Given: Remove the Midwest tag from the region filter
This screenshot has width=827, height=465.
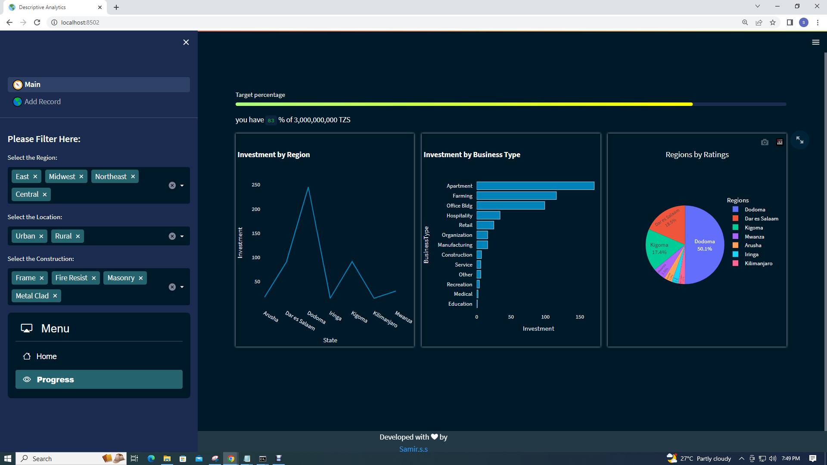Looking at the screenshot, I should pyautogui.click(x=81, y=177).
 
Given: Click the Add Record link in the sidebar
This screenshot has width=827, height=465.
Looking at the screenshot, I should pyautogui.click(x=42, y=102).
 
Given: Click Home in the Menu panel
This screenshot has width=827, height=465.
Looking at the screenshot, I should pyautogui.click(x=46, y=356).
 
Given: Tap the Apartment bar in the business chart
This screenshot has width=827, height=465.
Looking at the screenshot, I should pyautogui.click(x=535, y=186).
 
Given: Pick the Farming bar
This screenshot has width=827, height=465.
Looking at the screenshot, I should pyautogui.click(x=516, y=196).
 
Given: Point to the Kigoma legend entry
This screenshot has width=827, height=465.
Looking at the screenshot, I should pyautogui.click(x=753, y=228).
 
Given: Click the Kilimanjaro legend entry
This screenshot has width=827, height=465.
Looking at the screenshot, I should pyautogui.click(x=758, y=263).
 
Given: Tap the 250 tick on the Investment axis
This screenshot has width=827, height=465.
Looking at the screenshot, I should pyautogui.click(x=256, y=185).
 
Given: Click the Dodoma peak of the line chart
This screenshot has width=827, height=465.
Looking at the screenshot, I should pyautogui.click(x=308, y=187).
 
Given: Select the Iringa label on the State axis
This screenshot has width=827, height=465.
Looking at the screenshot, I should pyautogui.click(x=335, y=316).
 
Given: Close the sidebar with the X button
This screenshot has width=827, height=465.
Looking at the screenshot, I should pyautogui.click(x=186, y=42).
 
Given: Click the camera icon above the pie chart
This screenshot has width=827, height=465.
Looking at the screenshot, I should pyautogui.click(x=765, y=142).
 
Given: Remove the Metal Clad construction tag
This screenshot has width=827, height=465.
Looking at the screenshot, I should pyautogui.click(x=55, y=296).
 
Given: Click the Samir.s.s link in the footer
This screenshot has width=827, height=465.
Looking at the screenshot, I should pyautogui.click(x=413, y=449).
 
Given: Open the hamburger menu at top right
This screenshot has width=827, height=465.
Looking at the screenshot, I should pyautogui.click(x=815, y=42).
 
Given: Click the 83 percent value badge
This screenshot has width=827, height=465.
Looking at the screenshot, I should pyautogui.click(x=271, y=121).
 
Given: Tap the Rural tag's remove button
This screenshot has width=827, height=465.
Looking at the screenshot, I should pyautogui.click(x=78, y=236).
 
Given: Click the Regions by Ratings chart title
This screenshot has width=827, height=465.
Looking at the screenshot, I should pyautogui.click(x=697, y=155).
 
